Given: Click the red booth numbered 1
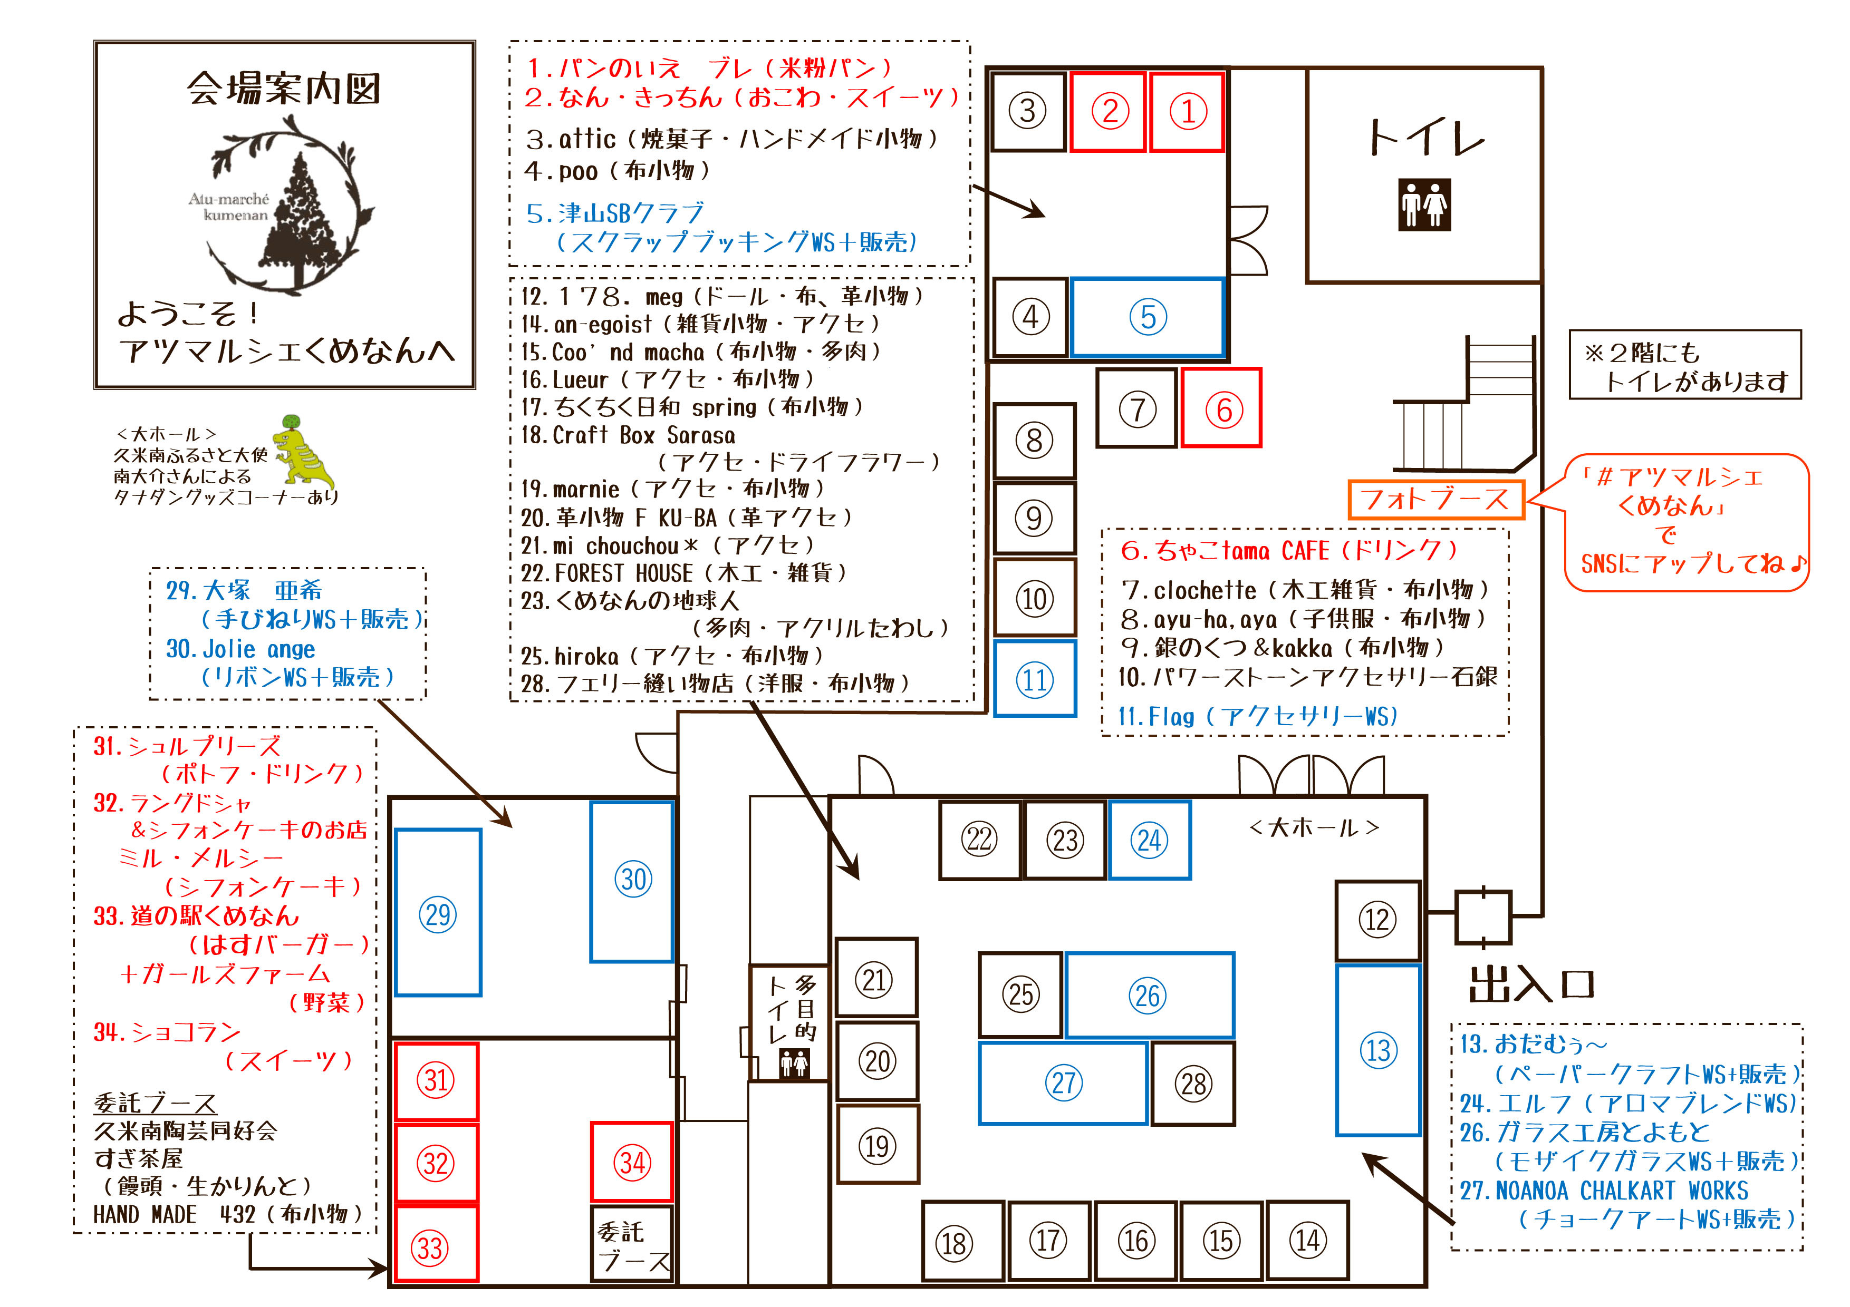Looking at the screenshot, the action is pyautogui.click(x=1187, y=111).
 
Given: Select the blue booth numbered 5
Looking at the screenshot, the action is pyautogui.click(x=1148, y=317).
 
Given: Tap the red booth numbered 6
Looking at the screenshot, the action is pyautogui.click(x=1221, y=408).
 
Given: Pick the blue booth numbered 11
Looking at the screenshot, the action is pyautogui.click(x=1035, y=679).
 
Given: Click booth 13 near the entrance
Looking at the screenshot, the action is pyautogui.click(x=1378, y=1050).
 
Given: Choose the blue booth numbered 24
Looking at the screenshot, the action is pyautogui.click(x=1149, y=840).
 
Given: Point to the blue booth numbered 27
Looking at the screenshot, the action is pyautogui.click(x=1063, y=1083).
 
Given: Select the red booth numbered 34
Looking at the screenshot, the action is pyautogui.click(x=632, y=1162).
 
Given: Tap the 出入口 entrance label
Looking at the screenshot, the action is pyautogui.click(x=1531, y=984).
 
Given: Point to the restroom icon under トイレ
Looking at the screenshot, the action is pyautogui.click(x=1424, y=204).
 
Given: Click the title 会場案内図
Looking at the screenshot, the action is pyautogui.click(x=284, y=88).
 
